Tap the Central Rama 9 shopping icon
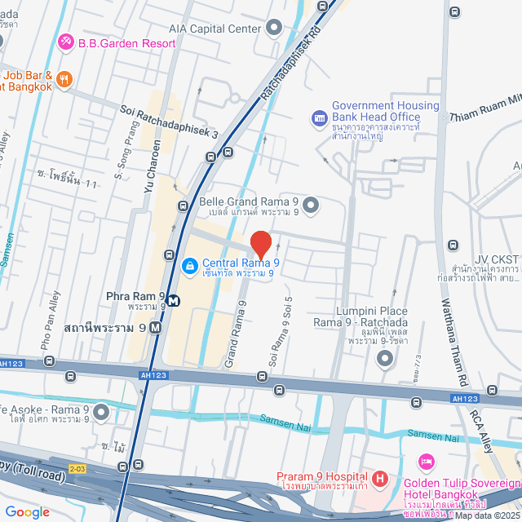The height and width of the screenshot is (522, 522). tap(188, 266)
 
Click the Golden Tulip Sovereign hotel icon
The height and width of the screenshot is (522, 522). tap(425, 462)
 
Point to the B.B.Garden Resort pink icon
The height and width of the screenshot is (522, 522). tap(65, 42)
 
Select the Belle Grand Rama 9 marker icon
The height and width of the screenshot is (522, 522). tap(310, 204)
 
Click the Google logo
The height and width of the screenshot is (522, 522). tap(27, 511)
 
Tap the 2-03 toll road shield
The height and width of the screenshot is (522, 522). tap(76, 468)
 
